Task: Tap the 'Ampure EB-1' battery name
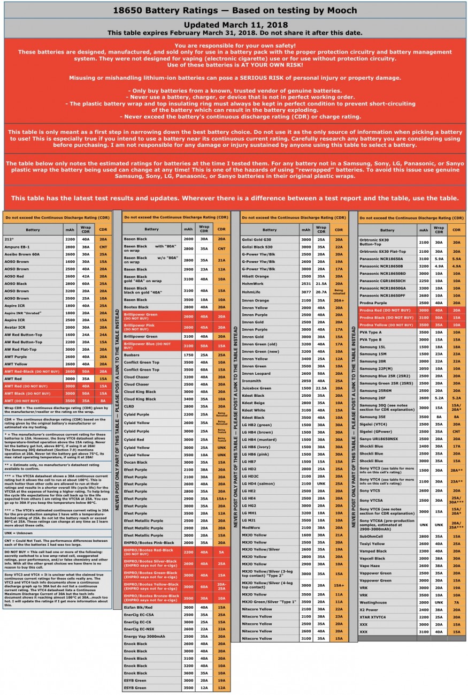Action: (x=17, y=246)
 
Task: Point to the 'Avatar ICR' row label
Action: (x=15, y=327)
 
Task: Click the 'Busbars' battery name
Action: (x=132, y=354)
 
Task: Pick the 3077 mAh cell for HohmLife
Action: (x=306, y=292)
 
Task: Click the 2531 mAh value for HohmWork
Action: (x=306, y=283)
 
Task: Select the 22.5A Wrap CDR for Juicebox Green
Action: (x=321, y=388)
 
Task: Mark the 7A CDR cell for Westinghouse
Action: (x=456, y=602)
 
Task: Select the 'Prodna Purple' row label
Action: (x=373, y=303)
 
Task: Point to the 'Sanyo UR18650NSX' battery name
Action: (x=379, y=439)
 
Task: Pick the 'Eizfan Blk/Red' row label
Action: (x=138, y=607)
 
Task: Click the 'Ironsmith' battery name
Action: (x=251, y=381)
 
